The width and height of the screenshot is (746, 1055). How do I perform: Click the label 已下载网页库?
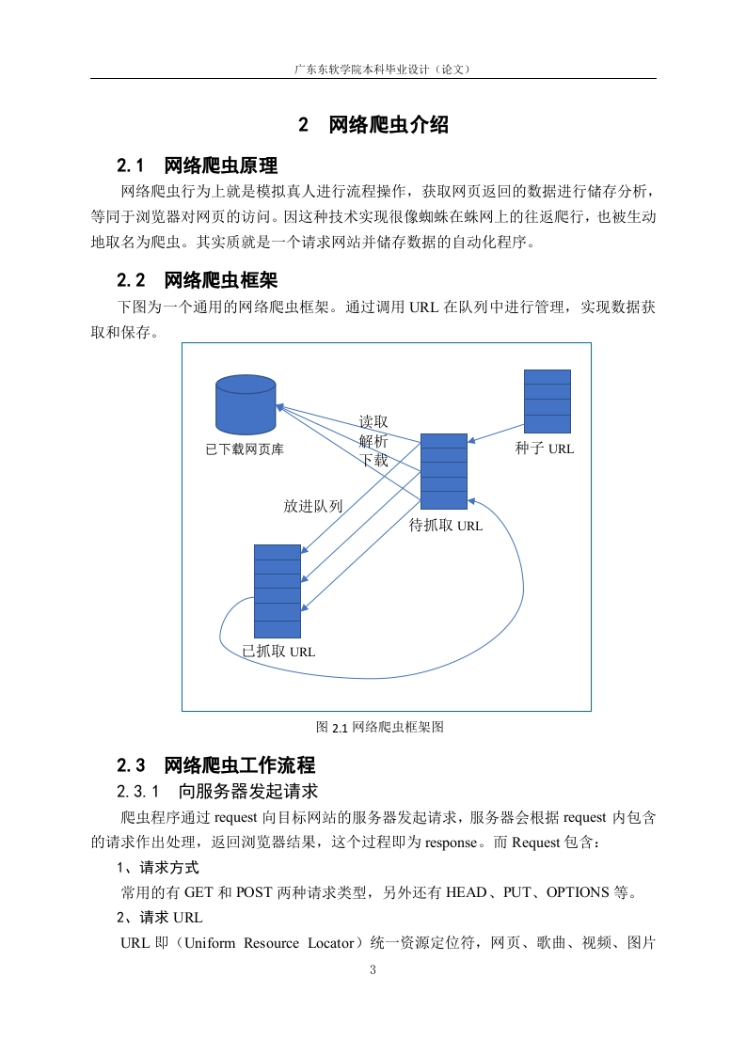(245, 449)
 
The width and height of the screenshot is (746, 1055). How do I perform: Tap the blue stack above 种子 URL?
(548, 401)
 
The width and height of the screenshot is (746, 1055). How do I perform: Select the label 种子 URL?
(544, 449)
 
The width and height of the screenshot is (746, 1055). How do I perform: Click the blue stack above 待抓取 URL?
(444, 472)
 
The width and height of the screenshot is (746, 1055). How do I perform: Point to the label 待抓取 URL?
(446, 526)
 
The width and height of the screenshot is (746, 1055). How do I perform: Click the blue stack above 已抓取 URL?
(278, 591)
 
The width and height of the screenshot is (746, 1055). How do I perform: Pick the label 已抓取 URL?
(278, 651)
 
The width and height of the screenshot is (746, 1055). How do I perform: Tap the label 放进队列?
(313, 506)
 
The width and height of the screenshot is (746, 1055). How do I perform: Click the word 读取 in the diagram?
(373, 422)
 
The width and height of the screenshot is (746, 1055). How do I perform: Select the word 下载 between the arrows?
(373, 460)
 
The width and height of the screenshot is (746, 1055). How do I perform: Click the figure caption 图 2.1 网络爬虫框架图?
(380, 727)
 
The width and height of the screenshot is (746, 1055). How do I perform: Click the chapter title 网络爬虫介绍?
(389, 124)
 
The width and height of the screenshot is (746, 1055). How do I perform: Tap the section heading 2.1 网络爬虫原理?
(198, 165)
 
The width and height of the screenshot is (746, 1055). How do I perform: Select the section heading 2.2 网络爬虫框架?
(198, 280)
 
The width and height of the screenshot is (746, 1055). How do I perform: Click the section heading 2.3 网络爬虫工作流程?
(216, 765)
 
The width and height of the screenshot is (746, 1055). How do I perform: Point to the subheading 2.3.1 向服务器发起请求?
(217, 792)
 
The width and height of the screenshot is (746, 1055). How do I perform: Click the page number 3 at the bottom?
(373, 969)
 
